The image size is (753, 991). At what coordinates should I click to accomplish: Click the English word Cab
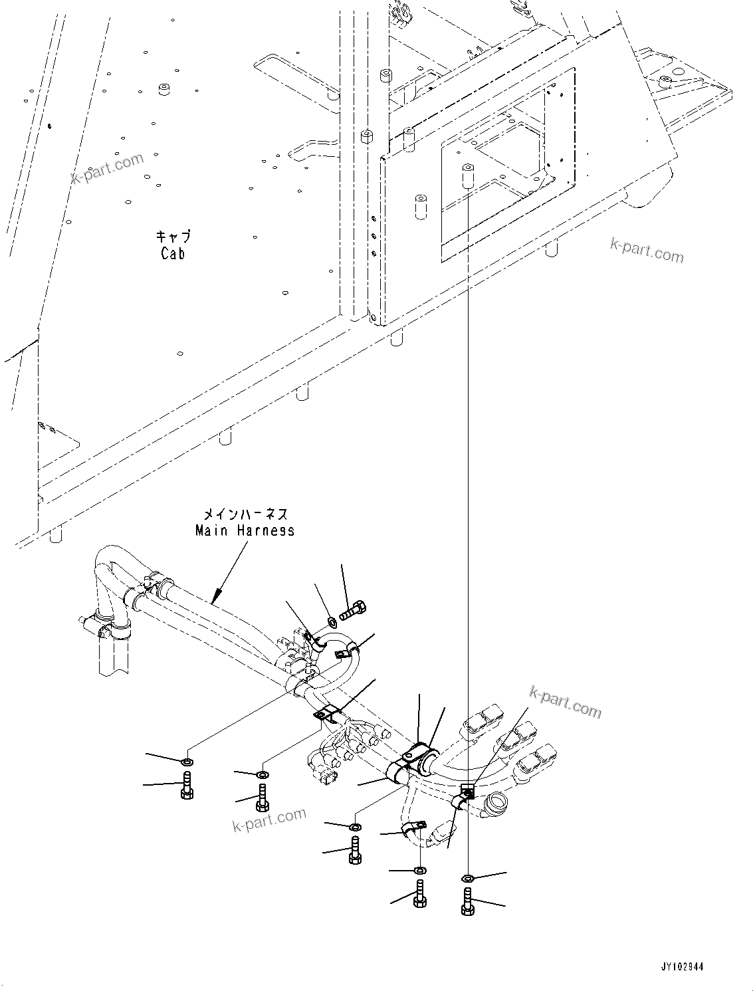point(173,253)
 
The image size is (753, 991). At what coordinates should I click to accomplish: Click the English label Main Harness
point(245,530)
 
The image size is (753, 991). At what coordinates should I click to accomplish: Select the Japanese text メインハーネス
point(245,514)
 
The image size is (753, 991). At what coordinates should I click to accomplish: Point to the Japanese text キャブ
point(173,236)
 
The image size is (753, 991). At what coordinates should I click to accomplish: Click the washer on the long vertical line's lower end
point(467,879)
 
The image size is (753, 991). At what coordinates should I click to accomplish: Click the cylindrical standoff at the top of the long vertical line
point(467,175)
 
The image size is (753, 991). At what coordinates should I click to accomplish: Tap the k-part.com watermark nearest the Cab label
point(108,169)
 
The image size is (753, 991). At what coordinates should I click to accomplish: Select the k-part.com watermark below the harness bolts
point(269,820)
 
